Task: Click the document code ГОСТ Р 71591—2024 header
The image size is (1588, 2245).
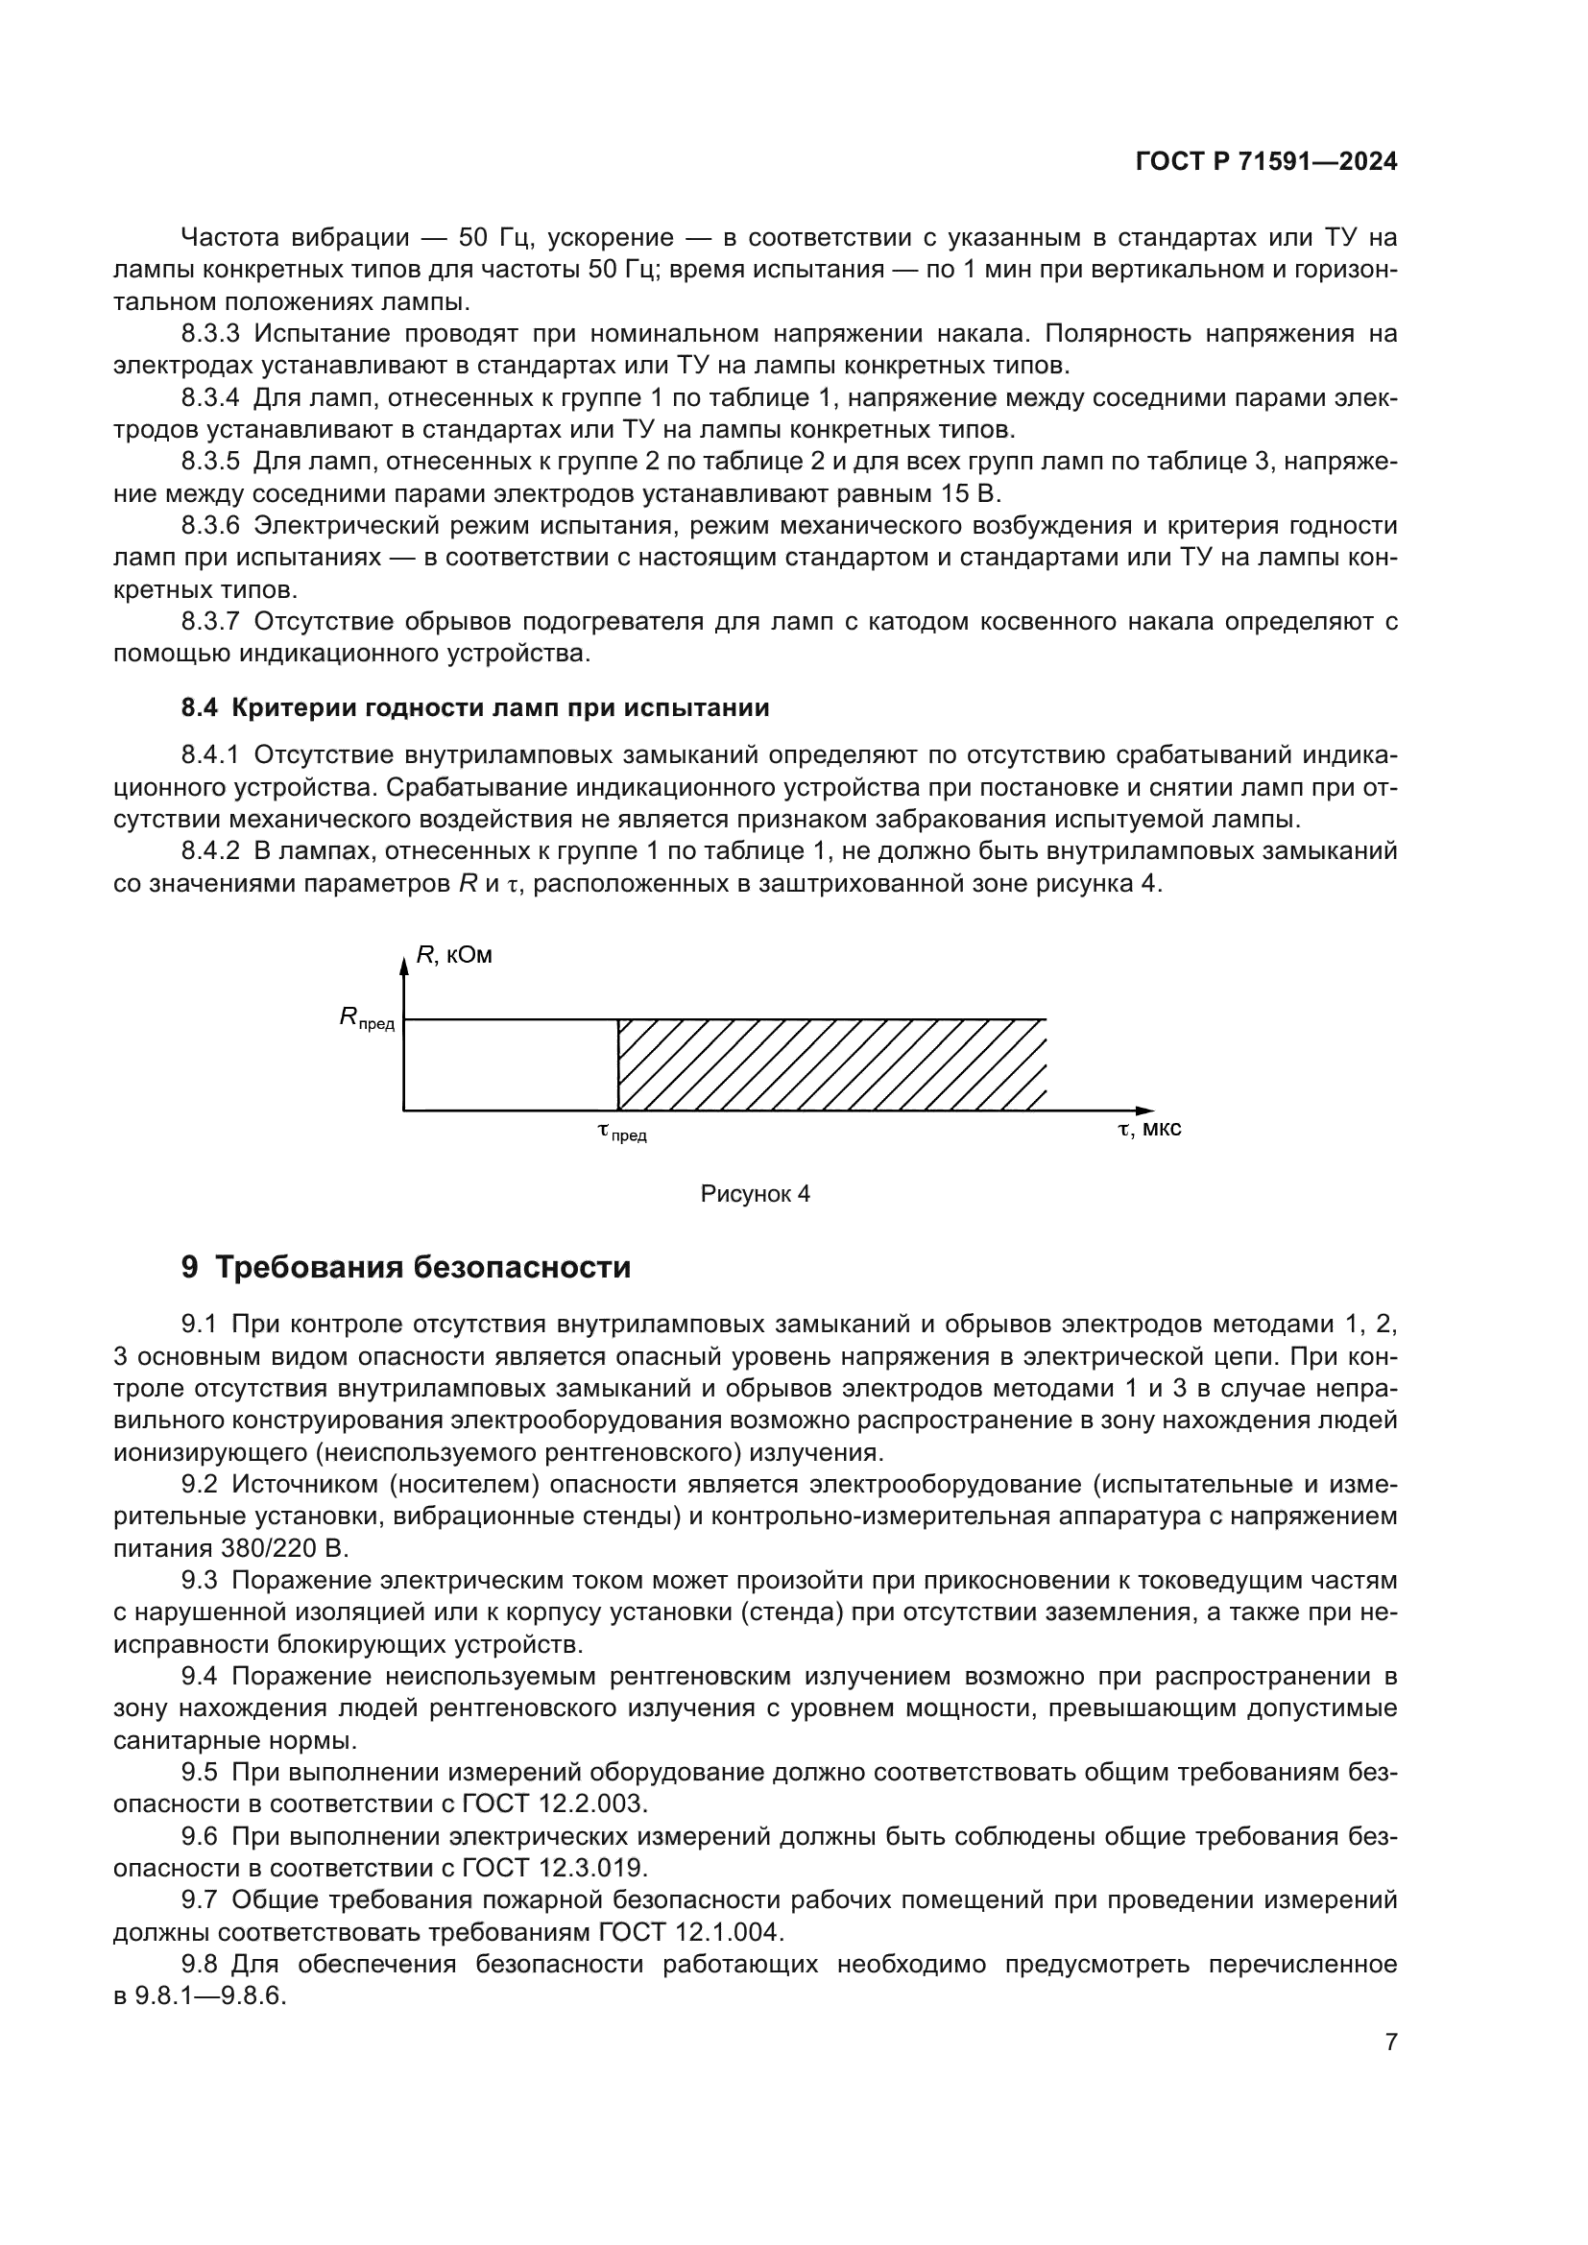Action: point(1265,162)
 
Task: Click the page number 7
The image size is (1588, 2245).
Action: point(1390,2042)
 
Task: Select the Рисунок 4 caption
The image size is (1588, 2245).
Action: point(755,1194)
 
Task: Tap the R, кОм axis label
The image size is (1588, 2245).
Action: point(454,955)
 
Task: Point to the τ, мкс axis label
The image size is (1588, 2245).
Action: point(1149,1130)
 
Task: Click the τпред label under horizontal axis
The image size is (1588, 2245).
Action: point(622,1134)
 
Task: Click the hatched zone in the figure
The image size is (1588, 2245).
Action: point(831,1064)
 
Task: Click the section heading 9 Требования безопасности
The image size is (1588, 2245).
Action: point(406,1268)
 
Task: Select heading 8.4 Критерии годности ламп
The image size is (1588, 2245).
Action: point(475,708)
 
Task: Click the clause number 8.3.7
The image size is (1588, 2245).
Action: point(210,622)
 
